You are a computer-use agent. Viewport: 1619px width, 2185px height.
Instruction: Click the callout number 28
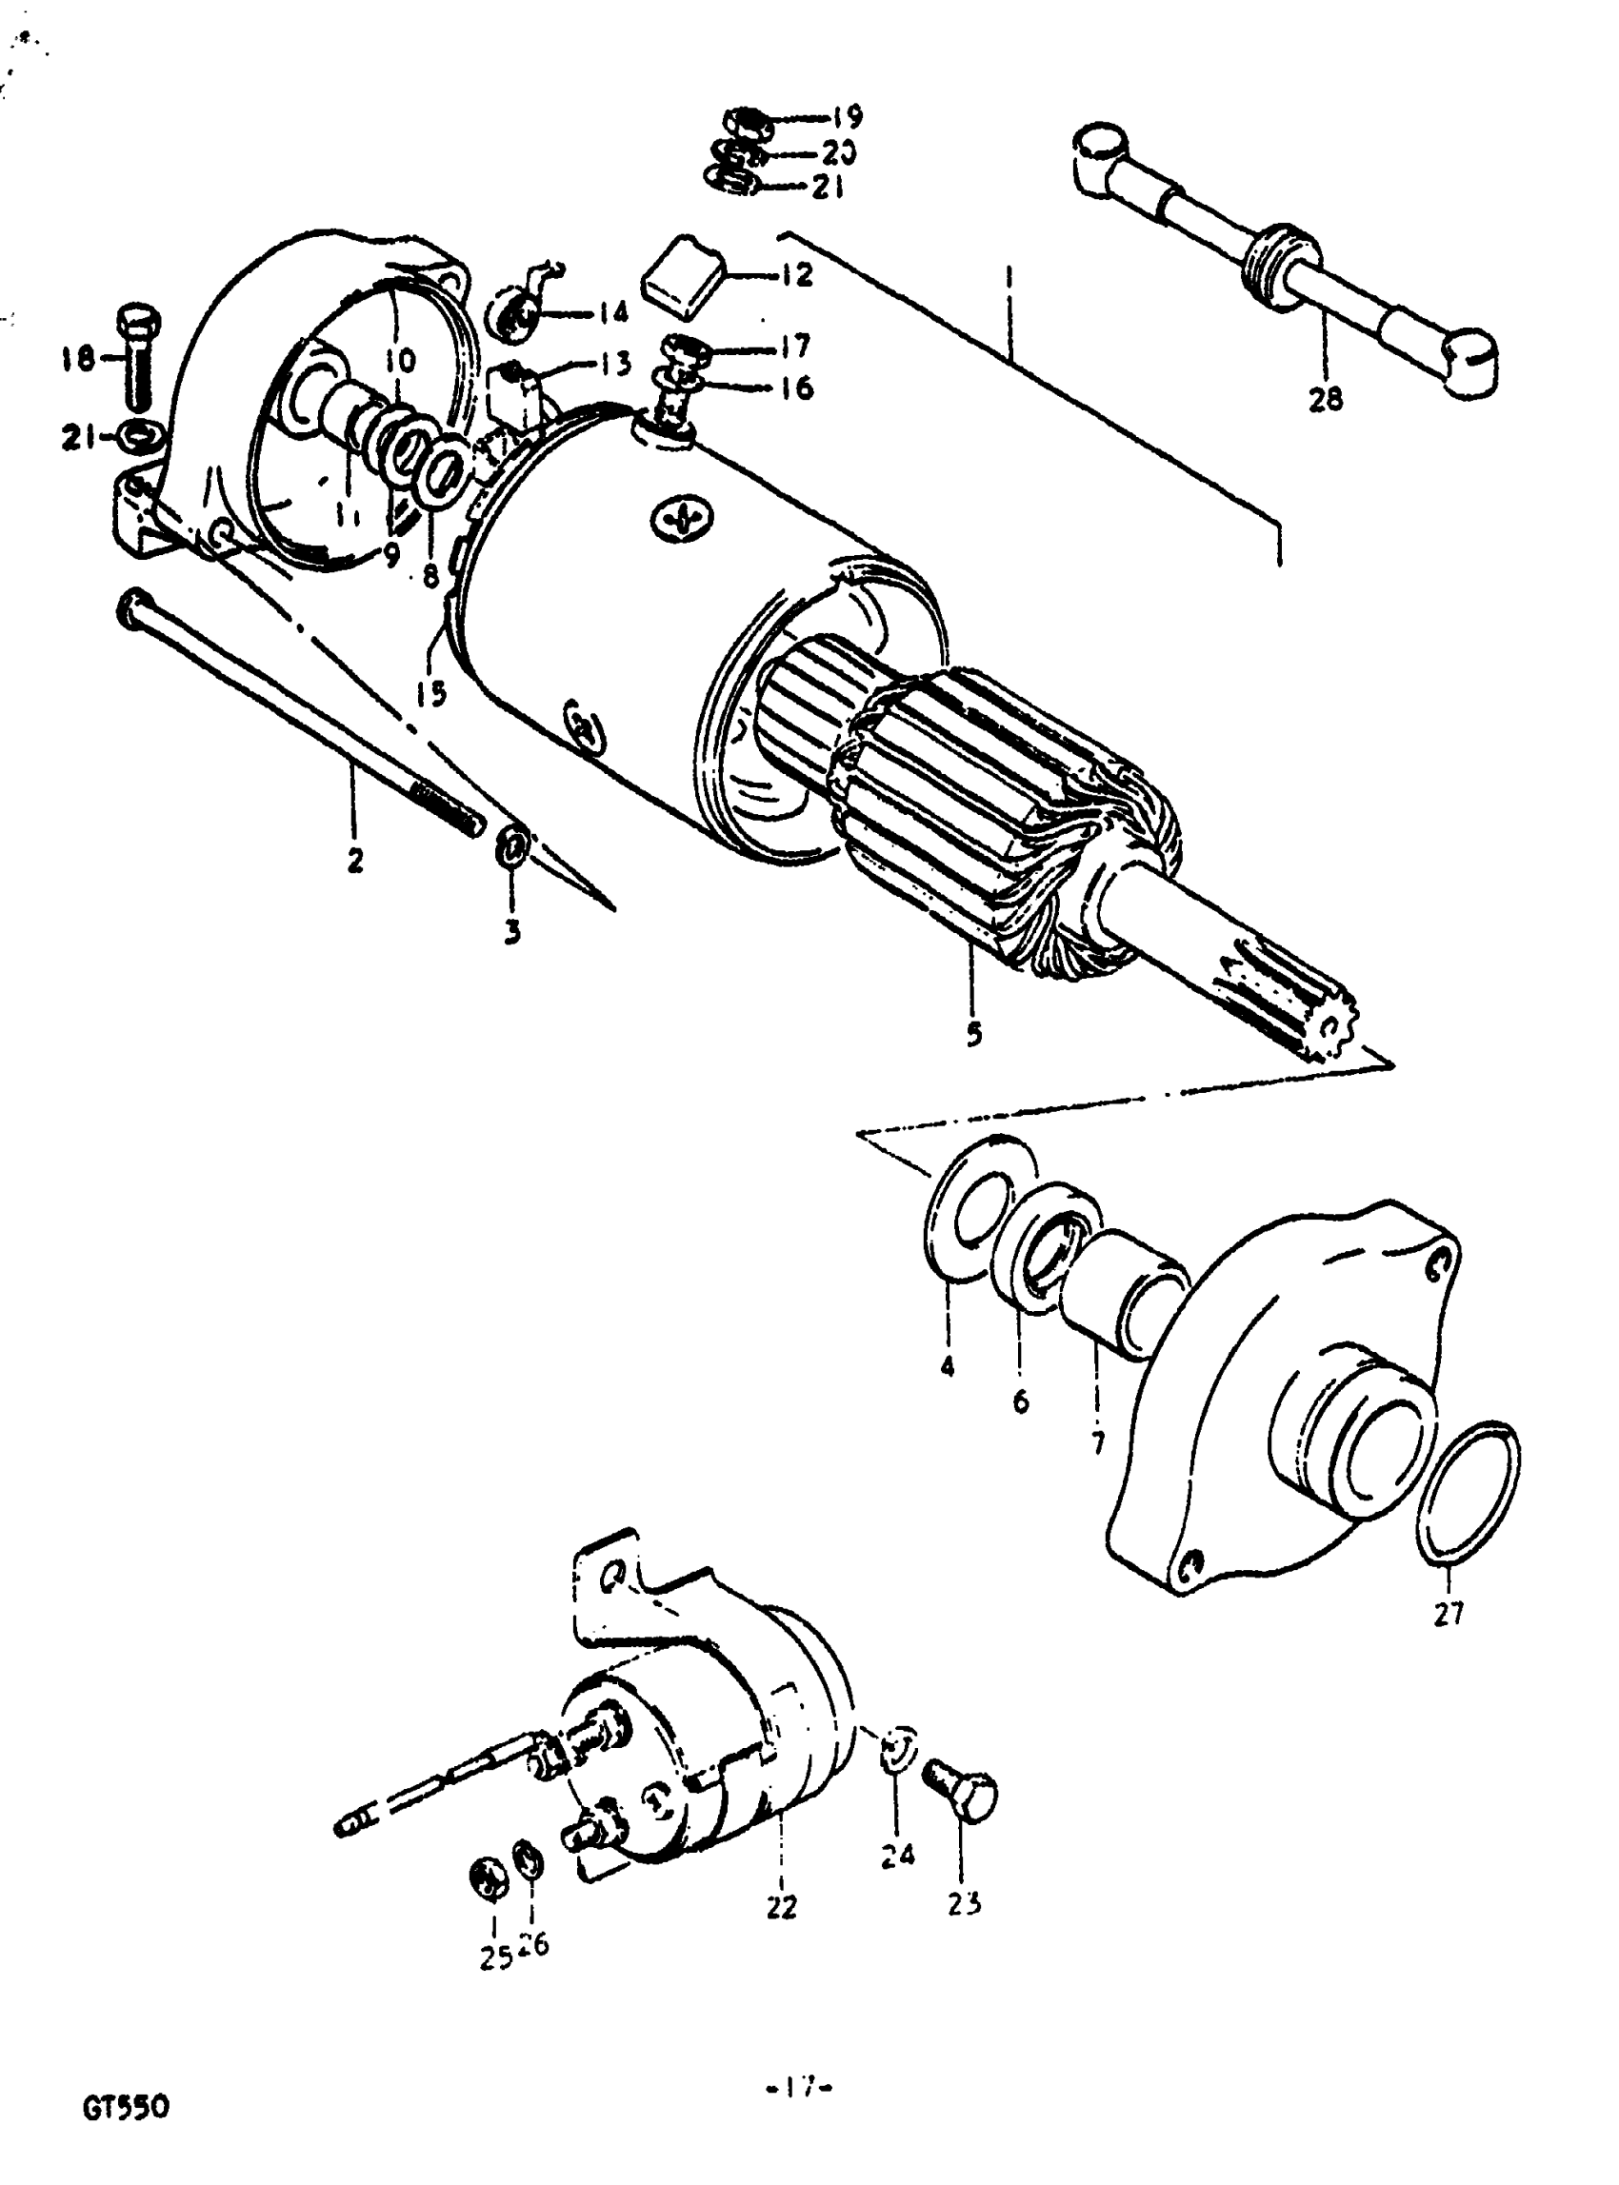coord(1325,400)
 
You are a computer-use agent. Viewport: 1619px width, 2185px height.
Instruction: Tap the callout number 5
coord(973,1033)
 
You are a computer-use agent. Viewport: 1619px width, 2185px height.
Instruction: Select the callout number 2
coord(355,861)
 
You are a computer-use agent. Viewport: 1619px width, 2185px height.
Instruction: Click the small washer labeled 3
coord(513,844)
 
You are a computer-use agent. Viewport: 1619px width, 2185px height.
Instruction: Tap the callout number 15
coord(430,693)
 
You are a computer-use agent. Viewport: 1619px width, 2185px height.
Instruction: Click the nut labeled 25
coord(489,1876)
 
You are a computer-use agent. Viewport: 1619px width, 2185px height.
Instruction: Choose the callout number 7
coord(1097,1441)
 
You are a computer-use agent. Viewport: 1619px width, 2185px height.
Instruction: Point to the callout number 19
coord(847,117)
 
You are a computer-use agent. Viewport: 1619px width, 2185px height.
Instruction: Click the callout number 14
coord(612,312)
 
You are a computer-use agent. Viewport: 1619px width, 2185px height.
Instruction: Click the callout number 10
coord(400,361)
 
